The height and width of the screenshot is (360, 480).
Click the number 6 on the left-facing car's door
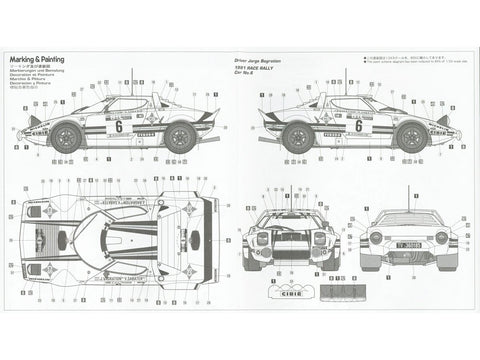(x=119, y=127)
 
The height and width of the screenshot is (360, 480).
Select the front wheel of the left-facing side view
(x=71, y=138)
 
